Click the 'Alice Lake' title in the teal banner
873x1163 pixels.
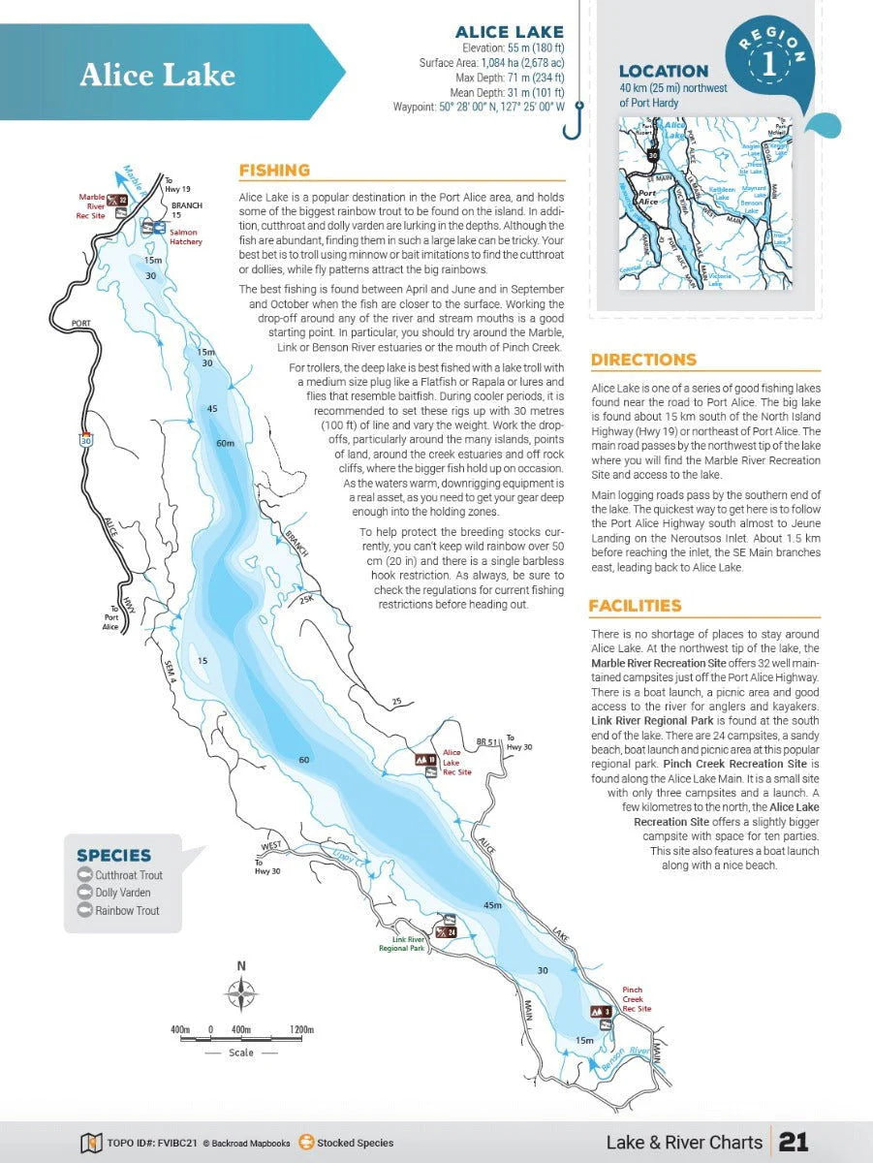[157, 75]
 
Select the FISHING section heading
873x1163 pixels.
[274, 171]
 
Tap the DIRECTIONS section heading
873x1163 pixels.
[643, 360]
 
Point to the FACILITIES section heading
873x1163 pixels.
[635, 606]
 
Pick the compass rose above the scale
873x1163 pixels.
[241, 994]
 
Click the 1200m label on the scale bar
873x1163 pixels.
[300, 1029]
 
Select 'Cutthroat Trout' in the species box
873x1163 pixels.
[128, 875]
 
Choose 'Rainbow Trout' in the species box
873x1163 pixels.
[126, 911]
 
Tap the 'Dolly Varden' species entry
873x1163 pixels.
[122, 893]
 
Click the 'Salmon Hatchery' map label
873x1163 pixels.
[185, 236]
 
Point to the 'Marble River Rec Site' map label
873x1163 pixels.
[91, 206]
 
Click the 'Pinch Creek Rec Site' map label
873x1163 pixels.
[637, 999]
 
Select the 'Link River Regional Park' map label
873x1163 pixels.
[401, 944]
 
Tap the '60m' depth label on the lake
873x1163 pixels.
[226, 443]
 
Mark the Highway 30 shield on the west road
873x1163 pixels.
[85, 440]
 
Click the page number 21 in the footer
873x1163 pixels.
[794, 1143]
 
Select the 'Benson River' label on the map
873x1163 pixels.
[625, 1059]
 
